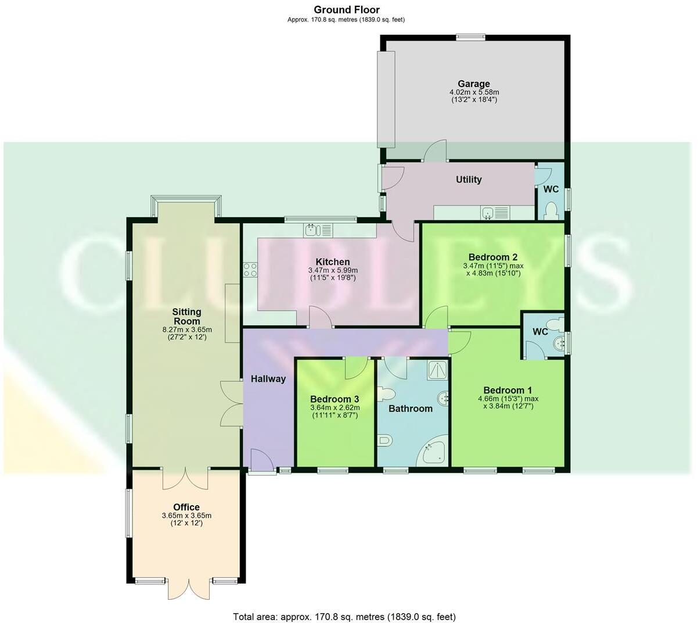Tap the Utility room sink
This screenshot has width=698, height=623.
(x=488, y=213)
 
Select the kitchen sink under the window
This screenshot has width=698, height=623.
(x=312, y=230)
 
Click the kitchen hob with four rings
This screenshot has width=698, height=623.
(x=250, y=270)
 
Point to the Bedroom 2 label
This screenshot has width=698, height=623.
(x=492, y=257)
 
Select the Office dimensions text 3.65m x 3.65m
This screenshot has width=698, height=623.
(x=186, y=515)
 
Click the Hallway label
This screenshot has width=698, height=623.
(x=268, y=379)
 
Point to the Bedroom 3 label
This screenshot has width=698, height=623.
(x=334, y=399)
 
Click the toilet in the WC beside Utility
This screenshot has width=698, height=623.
(x=551, y=211)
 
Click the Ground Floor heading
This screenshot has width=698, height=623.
(x=346, y=9)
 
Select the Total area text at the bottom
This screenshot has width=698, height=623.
(x=344, y=617)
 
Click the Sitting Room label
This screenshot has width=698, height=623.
(x=186, y=316)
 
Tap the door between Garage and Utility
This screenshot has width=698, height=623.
(x=434, y=152)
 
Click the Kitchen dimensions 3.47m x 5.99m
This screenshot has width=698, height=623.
(x=333, y=270)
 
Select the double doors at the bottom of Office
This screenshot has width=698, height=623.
(x=188, y=588)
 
